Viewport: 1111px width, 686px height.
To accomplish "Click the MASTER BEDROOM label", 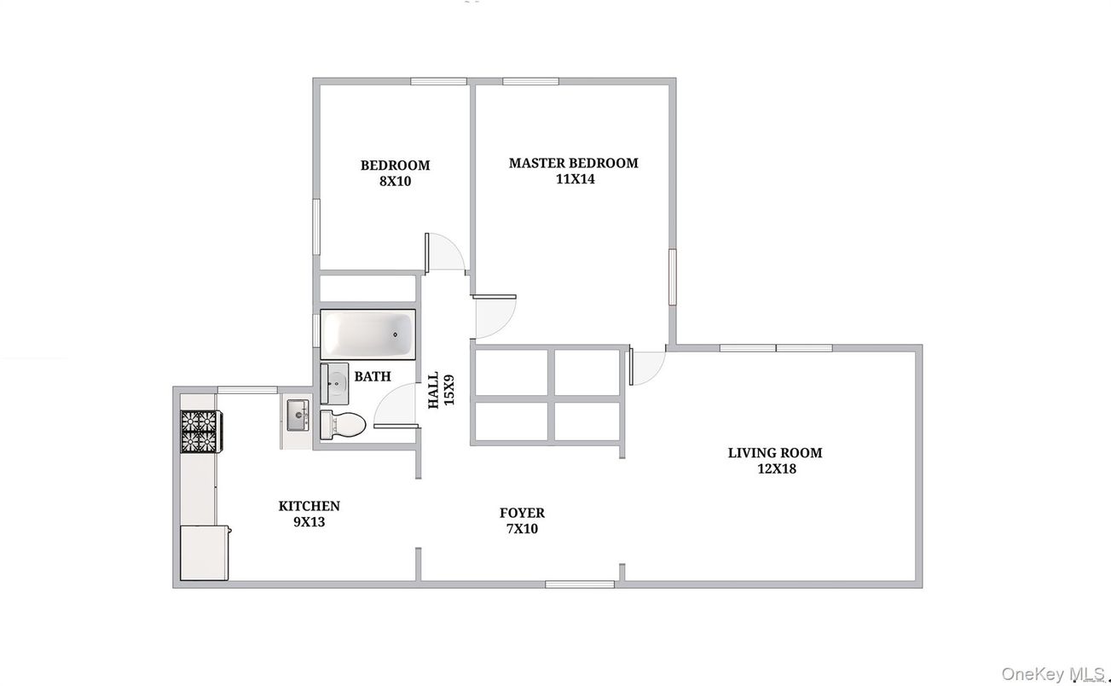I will pyautogui.click(x=573, y=163).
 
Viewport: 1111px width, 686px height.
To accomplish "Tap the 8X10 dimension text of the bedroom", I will pyautogui.click(x=395, y=181).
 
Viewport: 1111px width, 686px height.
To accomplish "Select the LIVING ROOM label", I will pyautogui.click(x=774, y=453).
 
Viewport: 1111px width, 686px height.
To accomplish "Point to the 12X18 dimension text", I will pyautogui.click(x=775, y=468).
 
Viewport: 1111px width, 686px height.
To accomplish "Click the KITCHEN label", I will pyautogui.click(x=309, y=506).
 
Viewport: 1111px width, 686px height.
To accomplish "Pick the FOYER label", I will pyautogui.click(x=522, y=513).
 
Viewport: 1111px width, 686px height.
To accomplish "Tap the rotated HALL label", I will pyautogui.click(x=434, y=389).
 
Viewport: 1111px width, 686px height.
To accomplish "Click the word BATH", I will pyautogui.click(x=373, y=376).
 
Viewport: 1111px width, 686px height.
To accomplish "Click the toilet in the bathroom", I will pyautogui.click(x=343, y=424).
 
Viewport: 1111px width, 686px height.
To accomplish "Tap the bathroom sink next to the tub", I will pyautogui.click(x=336, y=383).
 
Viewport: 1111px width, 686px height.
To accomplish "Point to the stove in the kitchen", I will pyautogui.click(x=201, y=431).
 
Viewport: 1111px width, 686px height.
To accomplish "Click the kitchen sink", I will pyautogui.click(x=298, y=416).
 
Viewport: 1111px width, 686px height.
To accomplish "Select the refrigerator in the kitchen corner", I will pyautogui.click(x=205, y=554).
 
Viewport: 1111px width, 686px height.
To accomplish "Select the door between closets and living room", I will pyautogui.click(x=646, y=366).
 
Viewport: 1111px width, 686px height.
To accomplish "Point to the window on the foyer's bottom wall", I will pyautogui.click(x=580, y=584).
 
